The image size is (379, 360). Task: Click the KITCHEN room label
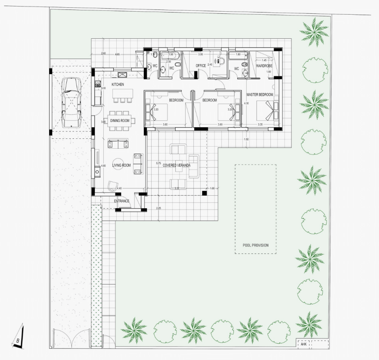[x=118, y=85]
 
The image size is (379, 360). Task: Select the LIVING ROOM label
[x=121, y=165]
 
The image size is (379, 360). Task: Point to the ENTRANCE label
[x=121, y=201]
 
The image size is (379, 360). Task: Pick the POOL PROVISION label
[x=255, y=245]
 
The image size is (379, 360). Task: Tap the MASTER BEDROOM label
[x=260, y=94]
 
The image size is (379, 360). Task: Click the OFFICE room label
[x=201, y=66]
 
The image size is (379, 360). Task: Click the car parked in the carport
[x=71, y=102]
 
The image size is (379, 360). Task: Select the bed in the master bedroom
[x=267, y=110]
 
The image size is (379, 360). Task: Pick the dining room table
[x=120, y=121]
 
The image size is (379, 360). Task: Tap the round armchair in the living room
[x=113, y=185]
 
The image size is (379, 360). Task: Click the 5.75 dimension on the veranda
[x=158, y=164]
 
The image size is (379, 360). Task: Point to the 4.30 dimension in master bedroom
[x=246, y=103]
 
